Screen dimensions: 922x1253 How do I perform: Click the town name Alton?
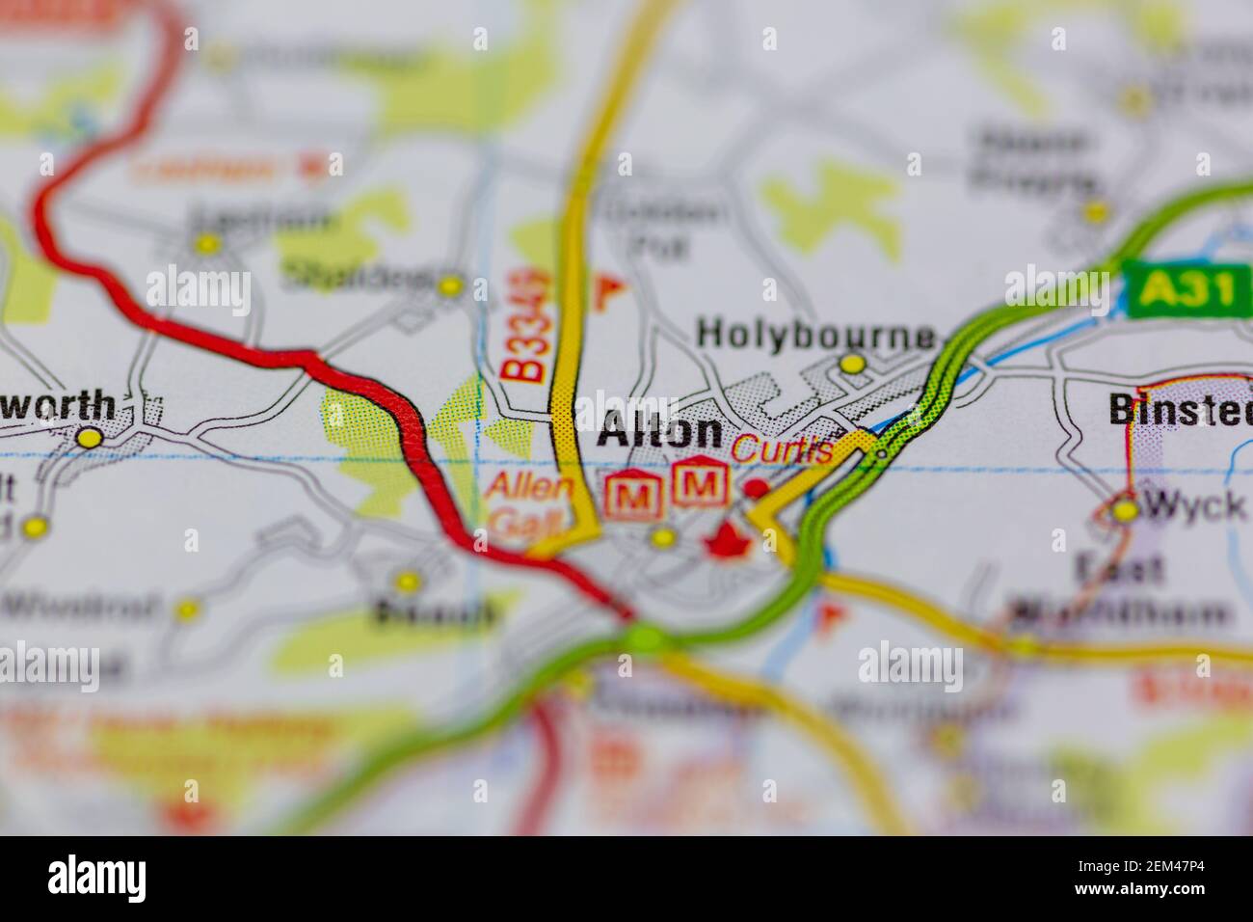(x=659, y=433)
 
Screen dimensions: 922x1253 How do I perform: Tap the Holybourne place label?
(x=815, y=335)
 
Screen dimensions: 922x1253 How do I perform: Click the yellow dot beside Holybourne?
(x=852, y=364)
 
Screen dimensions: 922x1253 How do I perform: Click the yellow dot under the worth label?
(x=90, y=439)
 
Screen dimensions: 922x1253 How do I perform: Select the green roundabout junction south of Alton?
(x=645, y=637)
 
